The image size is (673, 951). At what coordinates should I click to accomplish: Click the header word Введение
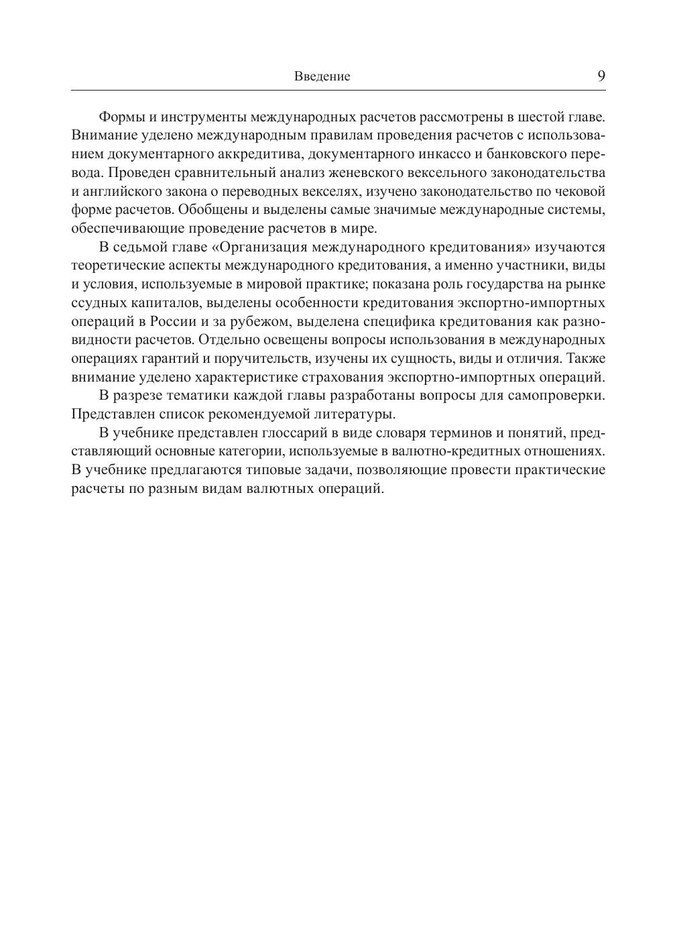pyautogui.click(x=322, y=76)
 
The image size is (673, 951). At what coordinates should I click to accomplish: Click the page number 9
pyautogui.click(x=601, y=76)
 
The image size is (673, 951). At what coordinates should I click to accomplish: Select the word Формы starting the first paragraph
pyautogui.click(x=119, y=117)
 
